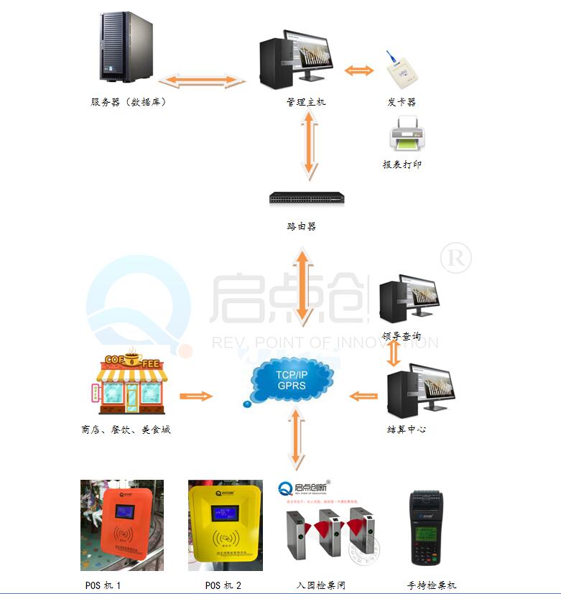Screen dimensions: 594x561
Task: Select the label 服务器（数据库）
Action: tap(129, 102)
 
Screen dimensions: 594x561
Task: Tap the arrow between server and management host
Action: tap(202, 80)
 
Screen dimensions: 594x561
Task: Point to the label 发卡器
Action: tap(402, 102)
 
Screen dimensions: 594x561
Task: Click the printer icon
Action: tap(407, 134)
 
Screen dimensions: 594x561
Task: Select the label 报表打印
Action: tap(402, 164)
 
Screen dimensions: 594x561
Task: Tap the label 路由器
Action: tap(302, 226)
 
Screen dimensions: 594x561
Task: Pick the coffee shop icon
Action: tap(131, 381)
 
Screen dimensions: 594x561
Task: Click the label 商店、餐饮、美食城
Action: tap(126, 430)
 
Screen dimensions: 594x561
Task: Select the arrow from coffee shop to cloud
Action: tap(196, 396)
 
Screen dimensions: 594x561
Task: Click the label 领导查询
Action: tap(402, 336)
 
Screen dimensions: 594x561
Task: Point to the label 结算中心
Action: tap(407, 430)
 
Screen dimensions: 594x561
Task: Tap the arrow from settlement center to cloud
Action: tap(363, 396)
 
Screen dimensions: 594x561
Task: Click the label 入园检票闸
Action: tap(321, 585)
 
